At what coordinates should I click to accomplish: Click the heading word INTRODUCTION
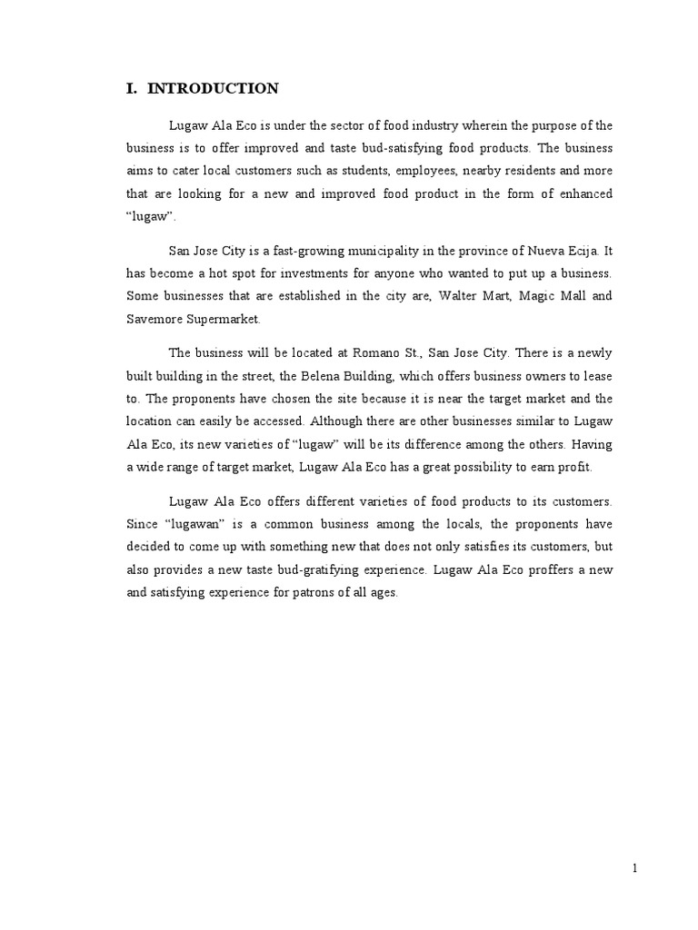tap(213, 89)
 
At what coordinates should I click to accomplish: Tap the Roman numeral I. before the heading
tap(131, 89)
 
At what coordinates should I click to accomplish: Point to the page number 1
tap(635, 868)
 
